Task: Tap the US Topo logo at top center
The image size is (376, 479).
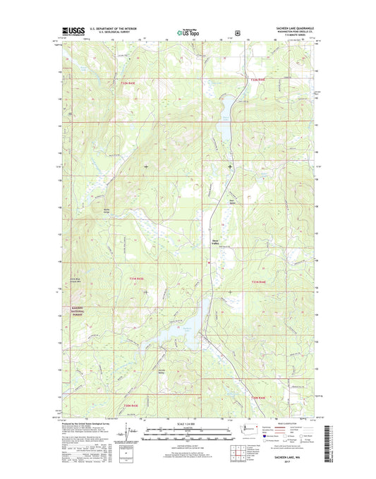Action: pos(188,32)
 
